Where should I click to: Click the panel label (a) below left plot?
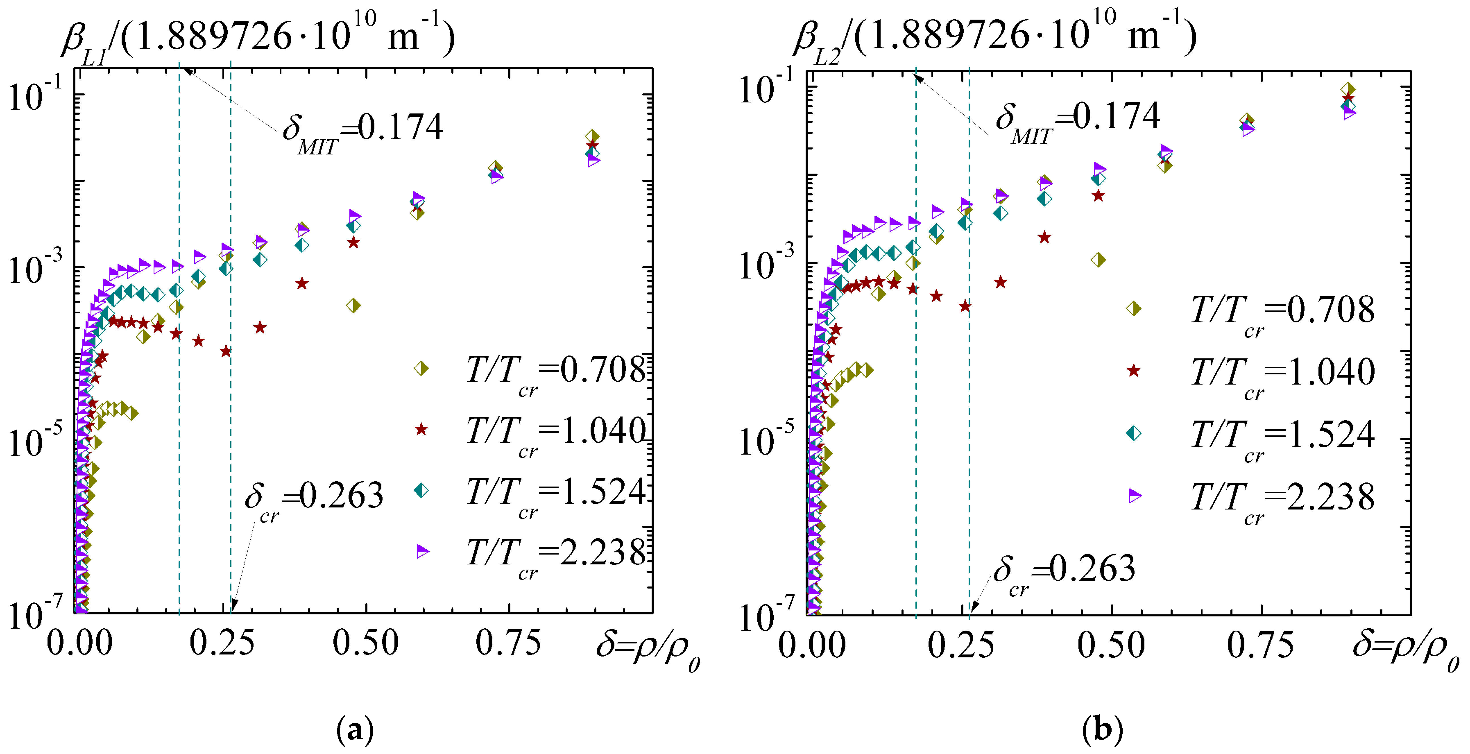coord(355,729)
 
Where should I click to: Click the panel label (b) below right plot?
coord(1102,729)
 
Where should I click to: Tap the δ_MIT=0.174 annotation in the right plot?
coord(1077,120)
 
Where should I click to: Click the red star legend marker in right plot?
coord(1133,371)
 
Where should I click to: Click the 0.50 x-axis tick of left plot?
coord(365,644)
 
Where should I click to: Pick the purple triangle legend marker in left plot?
coord(422,551)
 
